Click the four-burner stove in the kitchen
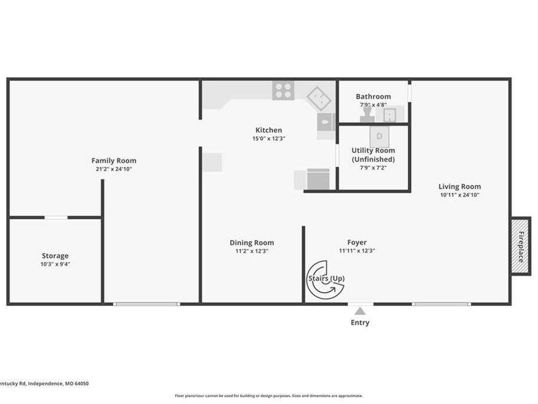coord(283,90)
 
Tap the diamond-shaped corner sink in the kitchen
coord(319,97)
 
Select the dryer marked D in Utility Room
coord(379,136)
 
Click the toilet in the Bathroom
coord(366,114)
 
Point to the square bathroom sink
coord(390,114)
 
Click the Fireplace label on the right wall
coord(521,246)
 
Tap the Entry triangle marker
coord(360,311)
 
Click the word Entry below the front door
coord(360,323)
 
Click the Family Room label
coord(114,160)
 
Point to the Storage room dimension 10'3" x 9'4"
coord(55,264)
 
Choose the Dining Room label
coord(252,242)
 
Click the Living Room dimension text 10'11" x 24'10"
coord(459,195)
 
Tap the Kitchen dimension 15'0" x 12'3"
coord(268,138)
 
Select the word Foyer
coord(357,242)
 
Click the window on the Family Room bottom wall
coord(146,304)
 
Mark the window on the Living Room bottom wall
coord(441,304)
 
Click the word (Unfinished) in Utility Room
coord(373,160)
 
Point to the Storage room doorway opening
coord(56,217)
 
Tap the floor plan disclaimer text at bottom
coord(268,396)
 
